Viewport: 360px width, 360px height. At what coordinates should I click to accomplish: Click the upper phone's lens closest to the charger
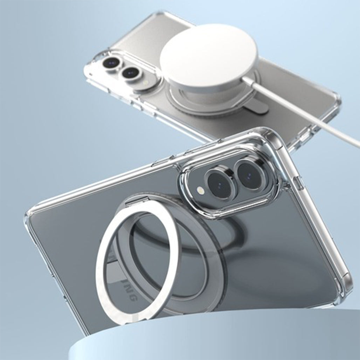click(x=131, y=72)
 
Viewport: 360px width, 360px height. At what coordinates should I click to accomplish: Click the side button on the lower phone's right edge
click(x=300, y=182)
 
